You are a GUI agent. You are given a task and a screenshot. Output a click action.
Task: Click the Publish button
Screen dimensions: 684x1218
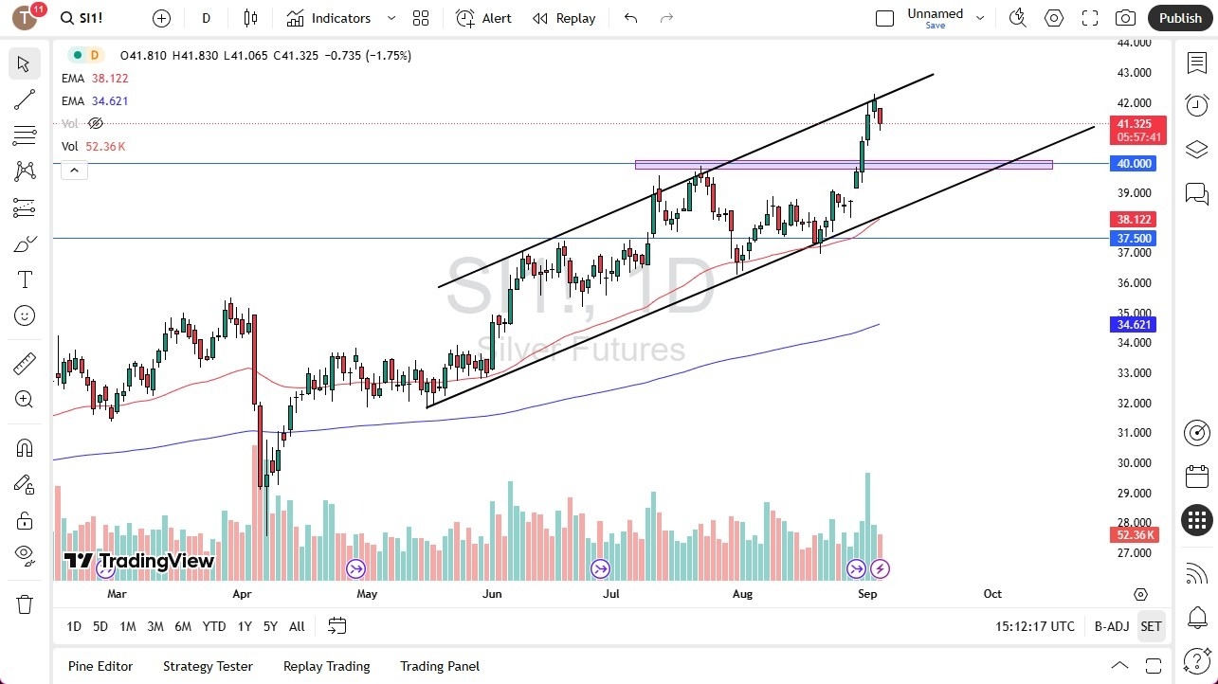pyautogui.click(x=1180, y=18)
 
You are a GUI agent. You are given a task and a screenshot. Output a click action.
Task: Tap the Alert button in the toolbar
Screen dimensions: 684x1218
pyautogui.click(x=484, y=18)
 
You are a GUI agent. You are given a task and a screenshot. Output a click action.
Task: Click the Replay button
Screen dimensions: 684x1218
pyautogui.click(x=564, y=18)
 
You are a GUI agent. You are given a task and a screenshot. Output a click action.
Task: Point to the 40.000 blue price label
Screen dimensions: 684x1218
pyautogui.click(x=1134, y=164)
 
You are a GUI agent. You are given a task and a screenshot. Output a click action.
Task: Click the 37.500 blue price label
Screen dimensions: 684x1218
pyautogui.click(x=1134, y=239)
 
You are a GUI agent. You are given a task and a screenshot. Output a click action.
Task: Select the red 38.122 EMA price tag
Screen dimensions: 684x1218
pyautogui.click(x=1134, y=219)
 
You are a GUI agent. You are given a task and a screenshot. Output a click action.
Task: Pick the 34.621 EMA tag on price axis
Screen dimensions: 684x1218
pyautogui.click(x=1134, y=325)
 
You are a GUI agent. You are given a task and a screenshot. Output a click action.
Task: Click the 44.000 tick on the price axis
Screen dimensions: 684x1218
pyautogui.click(x=1134, y=43)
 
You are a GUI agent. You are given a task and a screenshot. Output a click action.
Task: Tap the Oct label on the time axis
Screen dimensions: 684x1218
pyautogui.click(x=992, y=594)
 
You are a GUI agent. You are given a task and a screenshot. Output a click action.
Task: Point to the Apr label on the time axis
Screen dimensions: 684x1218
pyautogui.click(x=242, y=594)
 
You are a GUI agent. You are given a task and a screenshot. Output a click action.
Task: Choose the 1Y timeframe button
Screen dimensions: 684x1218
pyautogui.click(x=245, y=626)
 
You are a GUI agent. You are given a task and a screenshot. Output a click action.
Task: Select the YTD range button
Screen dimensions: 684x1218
pyautogui.click(x=214, y=626)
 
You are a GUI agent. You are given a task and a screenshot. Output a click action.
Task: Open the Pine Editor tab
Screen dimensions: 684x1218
pyautogui.click(x=100, y=666)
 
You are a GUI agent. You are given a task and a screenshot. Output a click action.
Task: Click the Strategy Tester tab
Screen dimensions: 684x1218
pyautogui.click(x=208, y=666)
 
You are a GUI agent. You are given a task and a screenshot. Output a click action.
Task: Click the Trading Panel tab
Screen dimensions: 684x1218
pyautogui.click(x=440, y=666)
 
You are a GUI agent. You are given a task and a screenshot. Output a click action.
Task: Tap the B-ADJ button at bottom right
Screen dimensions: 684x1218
pyautogui.click(x=1111, y=626)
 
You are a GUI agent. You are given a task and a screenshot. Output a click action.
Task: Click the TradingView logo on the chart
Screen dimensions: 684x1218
pyautogui.click(x=139, y=561)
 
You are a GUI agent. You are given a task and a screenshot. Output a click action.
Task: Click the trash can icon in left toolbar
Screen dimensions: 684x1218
pyautogui.click(x=25, y=604)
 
